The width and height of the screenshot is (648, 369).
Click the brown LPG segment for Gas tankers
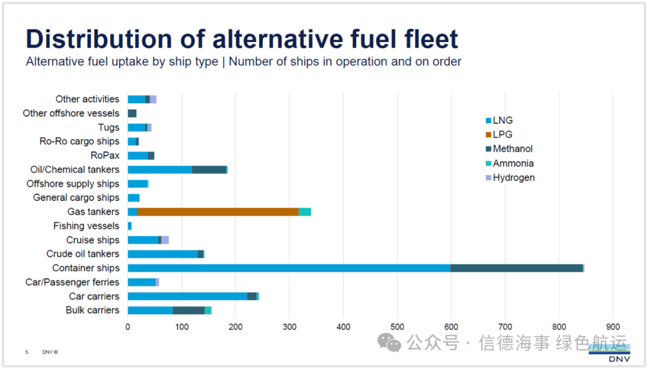coord(218,212)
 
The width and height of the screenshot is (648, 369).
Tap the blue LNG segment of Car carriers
coord(187,296)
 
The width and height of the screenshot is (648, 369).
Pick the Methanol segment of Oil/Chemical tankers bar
coord(209,169)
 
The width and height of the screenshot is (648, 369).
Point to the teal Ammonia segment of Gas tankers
coord(305,212)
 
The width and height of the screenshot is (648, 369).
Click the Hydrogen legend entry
coord(513,178)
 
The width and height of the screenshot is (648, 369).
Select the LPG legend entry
coord(502,135)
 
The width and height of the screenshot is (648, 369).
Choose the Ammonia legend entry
coord(513,163)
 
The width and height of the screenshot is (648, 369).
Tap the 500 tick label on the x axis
coord(397,327)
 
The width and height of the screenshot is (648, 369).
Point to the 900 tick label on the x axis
coord(613,327)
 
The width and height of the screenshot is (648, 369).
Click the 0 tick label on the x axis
coord(128,327)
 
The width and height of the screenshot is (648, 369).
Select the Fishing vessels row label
coord(86,226)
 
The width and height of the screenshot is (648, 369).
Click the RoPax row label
coord(105,155)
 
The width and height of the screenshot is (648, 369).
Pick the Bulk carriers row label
coord(92,310)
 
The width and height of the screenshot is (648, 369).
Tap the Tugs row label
coord(109,127)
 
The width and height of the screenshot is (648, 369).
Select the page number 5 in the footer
coord(27,352)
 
